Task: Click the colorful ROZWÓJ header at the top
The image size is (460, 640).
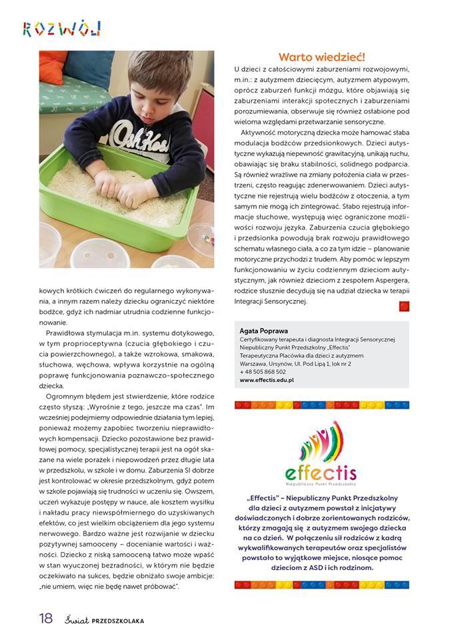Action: (61, 28)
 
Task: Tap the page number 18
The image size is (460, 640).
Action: (45, 618)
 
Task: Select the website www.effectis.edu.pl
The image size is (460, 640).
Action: (267, 380)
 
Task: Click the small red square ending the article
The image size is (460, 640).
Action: (404, 305)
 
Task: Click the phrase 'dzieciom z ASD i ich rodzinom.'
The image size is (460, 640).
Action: (321, 567)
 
